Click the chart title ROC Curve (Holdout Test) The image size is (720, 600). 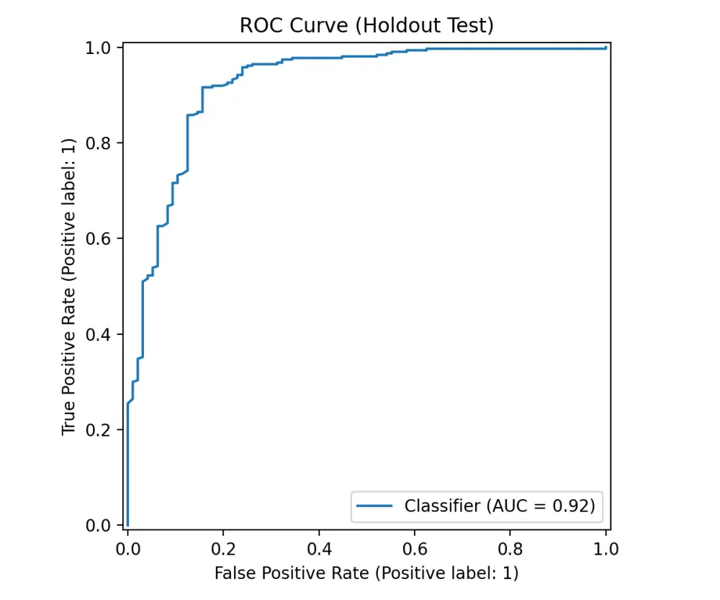pos(366,26)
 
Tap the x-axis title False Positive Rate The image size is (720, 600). pos(366,573)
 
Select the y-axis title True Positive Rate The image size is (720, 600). pos(68,286)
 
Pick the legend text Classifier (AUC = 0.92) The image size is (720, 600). pos(500,506)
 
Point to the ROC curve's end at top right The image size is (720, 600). pos(605,48)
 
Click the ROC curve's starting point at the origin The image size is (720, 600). pos(127,525)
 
